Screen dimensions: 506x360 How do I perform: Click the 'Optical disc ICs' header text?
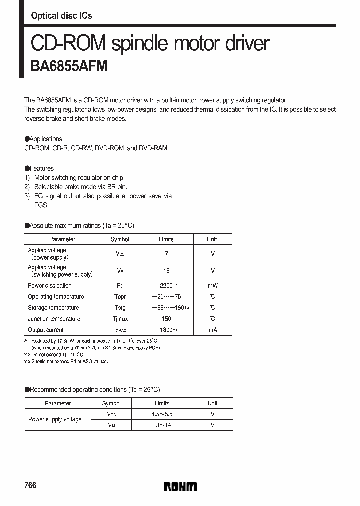click(61, 16)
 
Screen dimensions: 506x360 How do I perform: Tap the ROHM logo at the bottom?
click(180, 486)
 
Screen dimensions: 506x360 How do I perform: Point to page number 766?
click(30, 486)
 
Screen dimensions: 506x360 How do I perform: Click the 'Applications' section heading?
click(45, 139)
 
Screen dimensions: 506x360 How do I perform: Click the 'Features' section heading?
click(41, 168)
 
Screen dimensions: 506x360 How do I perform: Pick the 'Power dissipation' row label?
click(50, 286)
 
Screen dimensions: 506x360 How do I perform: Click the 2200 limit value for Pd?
click(166, 286)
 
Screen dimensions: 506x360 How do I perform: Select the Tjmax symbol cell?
click(120, 319)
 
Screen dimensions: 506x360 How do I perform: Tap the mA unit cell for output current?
click(212, 330)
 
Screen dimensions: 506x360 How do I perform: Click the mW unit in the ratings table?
click(212, 286)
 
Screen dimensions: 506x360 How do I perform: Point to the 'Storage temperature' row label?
click(53, 308)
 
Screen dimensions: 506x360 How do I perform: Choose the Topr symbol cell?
click(120, 297)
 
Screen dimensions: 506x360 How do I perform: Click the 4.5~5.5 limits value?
click(162, 414)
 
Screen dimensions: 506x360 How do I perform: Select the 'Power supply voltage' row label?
click(55, 419)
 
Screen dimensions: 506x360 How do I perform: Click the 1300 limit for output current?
click(166, 330)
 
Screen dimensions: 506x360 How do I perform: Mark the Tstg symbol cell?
click(120, 308)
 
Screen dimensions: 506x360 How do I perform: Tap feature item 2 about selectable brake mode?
click(80, 187)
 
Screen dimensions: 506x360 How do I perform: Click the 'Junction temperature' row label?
click(54, 319)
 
